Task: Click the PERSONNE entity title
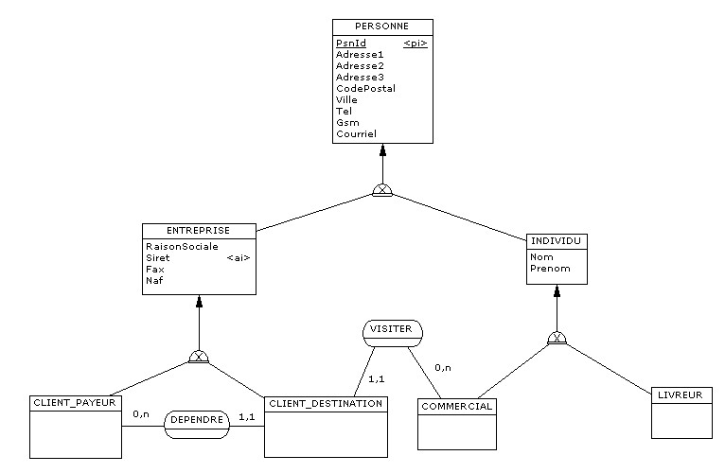(382, 26)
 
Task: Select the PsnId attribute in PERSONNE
(350, 44)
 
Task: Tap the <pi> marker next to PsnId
(415, 44)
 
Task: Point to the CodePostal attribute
(365, 88)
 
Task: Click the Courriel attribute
(356, 133)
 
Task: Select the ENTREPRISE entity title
(198, 231)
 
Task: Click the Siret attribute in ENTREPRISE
(157, 257)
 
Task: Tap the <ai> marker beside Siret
(239, 257)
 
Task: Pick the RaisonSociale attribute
(182, 246)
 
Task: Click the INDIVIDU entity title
(556, 242)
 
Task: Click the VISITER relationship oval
(391, 330)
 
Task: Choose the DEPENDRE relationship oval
(197, 418)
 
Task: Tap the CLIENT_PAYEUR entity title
(75, 403)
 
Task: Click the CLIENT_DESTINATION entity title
(326, 404)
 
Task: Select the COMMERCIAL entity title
(457, 407)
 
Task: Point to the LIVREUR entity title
(681, 394)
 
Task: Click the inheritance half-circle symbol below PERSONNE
(381, 190)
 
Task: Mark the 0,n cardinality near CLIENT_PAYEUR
(141, 414)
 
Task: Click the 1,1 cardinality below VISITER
(376, 378)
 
